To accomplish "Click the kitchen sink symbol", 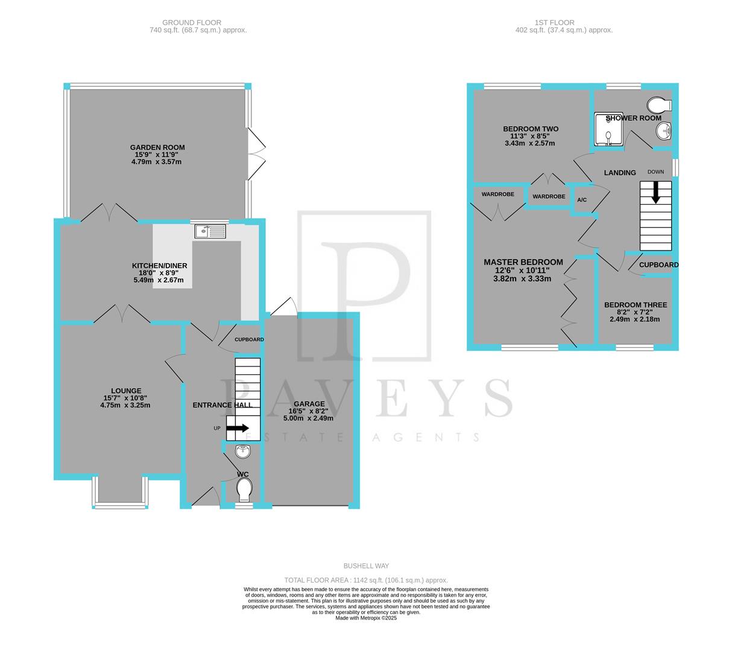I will (x=210, y=231).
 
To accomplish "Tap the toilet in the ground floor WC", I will (x=244, y=490).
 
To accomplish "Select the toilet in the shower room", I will (x=659, y=104).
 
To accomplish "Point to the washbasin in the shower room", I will (x=664, y=129).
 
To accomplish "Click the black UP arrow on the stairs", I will (x=238, y=428).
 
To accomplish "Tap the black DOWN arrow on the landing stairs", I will (x=655, y=193).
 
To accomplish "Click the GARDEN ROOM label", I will (x=157, y=147).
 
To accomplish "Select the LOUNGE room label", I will (x=126, y=391).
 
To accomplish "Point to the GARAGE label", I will (x=309, y=404).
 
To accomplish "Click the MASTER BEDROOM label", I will (x=523, y=262).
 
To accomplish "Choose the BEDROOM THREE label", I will (x=636, y=305).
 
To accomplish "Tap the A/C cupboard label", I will (x=582, y=200).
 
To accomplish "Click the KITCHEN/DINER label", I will (x=160, y=266).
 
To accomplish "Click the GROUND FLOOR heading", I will (x=183, y=22).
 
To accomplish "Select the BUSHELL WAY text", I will (x=366, y=566).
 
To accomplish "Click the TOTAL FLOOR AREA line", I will (x=366, y=580).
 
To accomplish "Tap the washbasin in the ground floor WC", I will (x=243, y=451).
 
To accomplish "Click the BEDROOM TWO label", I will (x=531, y=129).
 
